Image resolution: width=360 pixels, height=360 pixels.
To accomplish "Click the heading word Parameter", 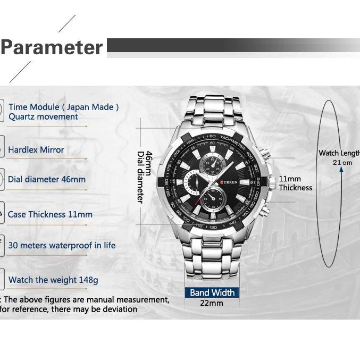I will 52,47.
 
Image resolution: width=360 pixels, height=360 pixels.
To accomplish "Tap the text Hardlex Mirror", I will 36,150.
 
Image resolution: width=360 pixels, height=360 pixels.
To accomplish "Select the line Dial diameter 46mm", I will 46,179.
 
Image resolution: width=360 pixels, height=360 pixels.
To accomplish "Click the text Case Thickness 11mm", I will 50,215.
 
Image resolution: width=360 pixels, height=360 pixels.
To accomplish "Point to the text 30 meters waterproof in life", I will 62,246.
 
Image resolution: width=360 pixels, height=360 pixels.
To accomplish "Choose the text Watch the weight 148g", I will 53,280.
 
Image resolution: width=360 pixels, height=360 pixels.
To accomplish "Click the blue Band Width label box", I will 212,292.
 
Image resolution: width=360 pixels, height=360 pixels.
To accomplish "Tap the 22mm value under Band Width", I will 211,303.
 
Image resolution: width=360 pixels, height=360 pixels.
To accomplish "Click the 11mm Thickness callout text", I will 295,183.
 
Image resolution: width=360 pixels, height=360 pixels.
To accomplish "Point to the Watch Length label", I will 339,153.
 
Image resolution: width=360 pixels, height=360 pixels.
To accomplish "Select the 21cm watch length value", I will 342,163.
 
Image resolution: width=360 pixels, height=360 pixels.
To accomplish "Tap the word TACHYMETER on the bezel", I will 232,141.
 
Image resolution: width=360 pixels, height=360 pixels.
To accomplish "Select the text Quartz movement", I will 43,117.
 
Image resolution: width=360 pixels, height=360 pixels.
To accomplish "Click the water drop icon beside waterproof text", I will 2,246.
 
